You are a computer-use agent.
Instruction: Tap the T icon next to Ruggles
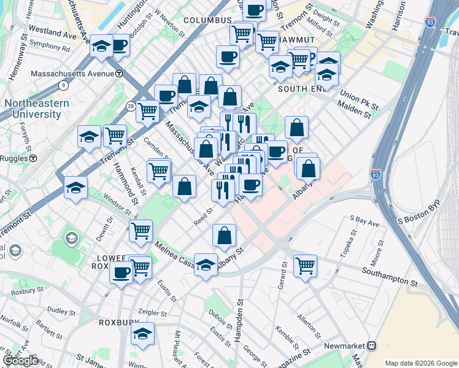tap(33, 158)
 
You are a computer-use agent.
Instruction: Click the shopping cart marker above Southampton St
tap(305, 266)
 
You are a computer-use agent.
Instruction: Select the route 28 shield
tap(131, 107)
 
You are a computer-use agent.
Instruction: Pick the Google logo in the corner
tap(20, 361)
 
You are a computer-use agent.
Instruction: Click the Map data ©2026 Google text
tap(421, 363)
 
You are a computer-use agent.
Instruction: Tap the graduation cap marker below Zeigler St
tap(143, 334)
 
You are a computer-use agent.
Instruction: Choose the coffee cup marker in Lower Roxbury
tap(121, 271)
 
